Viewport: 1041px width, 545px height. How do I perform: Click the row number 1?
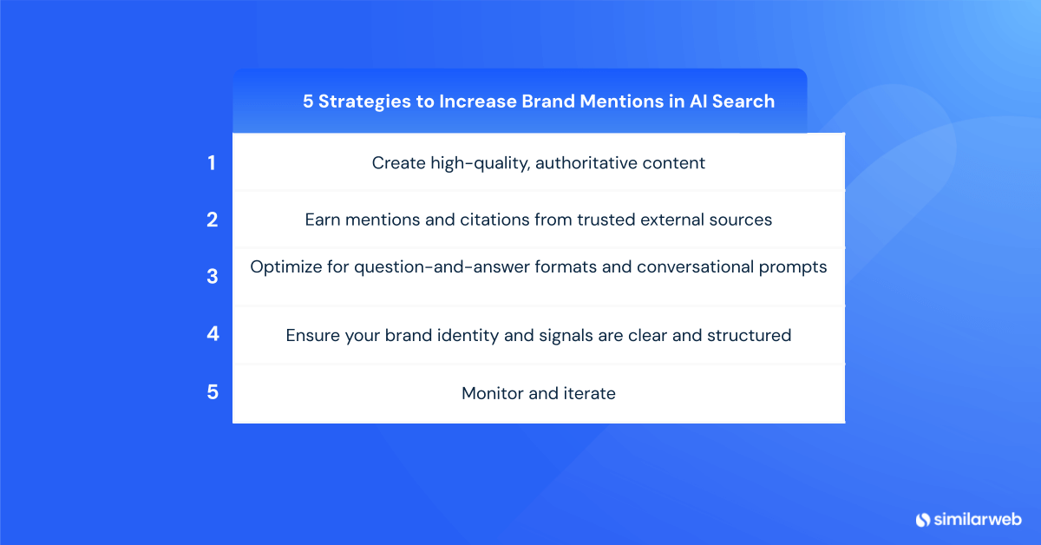point(212,162)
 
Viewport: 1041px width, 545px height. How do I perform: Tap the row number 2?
point(213,220)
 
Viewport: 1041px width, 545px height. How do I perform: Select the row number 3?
point(213,277)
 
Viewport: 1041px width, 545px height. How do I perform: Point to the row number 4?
point(213,334)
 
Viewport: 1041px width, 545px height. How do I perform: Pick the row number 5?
point(213,391)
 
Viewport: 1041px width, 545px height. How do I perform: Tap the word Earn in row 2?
point(323,220)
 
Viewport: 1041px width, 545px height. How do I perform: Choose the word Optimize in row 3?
point(287,266)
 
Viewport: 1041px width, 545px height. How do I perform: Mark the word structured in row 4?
point(749,334)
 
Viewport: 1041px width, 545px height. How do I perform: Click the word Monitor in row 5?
point(492,393)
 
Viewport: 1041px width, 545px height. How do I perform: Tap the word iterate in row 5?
point(589,393)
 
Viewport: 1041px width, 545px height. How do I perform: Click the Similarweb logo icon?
point(922,519)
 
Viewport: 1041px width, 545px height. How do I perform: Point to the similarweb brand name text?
point(978,519)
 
